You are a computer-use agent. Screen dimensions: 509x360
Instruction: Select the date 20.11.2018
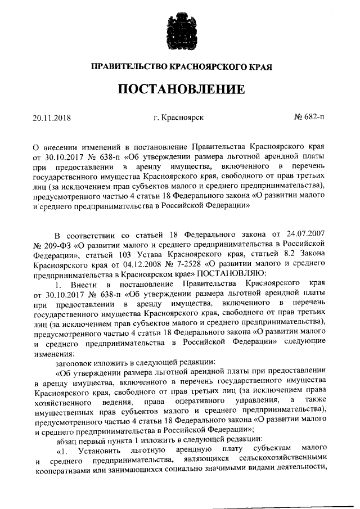pyautogui.click(x=53, y=118)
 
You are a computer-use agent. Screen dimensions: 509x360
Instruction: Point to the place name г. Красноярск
pyautogui.click(x=178, y=118)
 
